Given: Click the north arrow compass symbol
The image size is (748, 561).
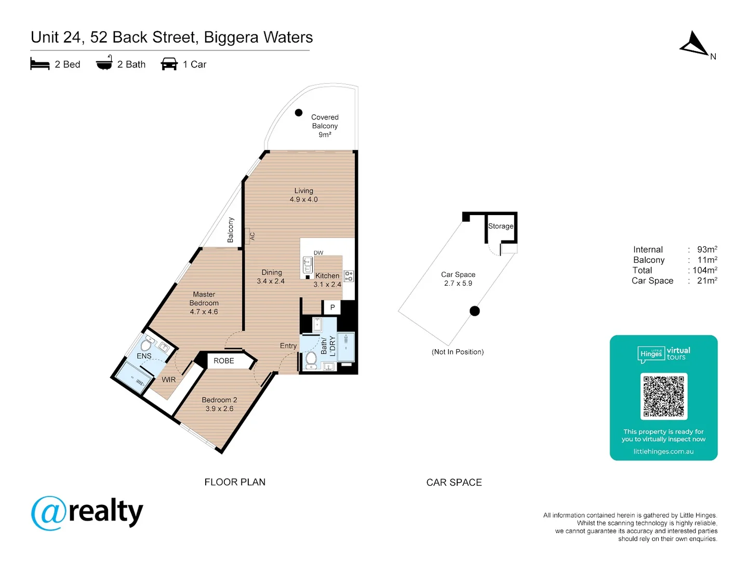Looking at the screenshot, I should click(694, 44).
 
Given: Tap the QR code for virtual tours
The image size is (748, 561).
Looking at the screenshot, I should click(663, 396).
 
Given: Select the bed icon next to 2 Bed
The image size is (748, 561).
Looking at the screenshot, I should click(40, 64).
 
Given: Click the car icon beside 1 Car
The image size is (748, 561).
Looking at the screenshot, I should click(169, 64).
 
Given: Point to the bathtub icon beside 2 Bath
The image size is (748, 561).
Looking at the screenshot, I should click(104, 63).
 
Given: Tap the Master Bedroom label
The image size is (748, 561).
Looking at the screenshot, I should click(204, 303).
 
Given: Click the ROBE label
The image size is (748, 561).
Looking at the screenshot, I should click(224, 360).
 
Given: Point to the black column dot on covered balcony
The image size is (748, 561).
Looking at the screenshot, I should click(299, 113).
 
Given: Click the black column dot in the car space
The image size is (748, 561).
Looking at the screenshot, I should click(475, 311).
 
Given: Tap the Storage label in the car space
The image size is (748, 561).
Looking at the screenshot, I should click(501, 226).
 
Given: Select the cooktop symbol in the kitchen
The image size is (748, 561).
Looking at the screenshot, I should click(349, 276).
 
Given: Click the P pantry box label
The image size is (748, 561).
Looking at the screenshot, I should click(332, 308).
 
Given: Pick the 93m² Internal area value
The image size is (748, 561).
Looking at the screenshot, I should click(707, 249).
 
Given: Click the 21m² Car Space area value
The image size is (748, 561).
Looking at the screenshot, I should click(707, 280).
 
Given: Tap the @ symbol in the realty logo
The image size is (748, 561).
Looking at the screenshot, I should click(49, 513).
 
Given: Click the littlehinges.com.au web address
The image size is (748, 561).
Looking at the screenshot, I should click(663, 451).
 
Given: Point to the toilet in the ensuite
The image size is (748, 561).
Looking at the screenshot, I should click(146, 345).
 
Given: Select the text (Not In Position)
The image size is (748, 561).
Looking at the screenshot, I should click(458, 352).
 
